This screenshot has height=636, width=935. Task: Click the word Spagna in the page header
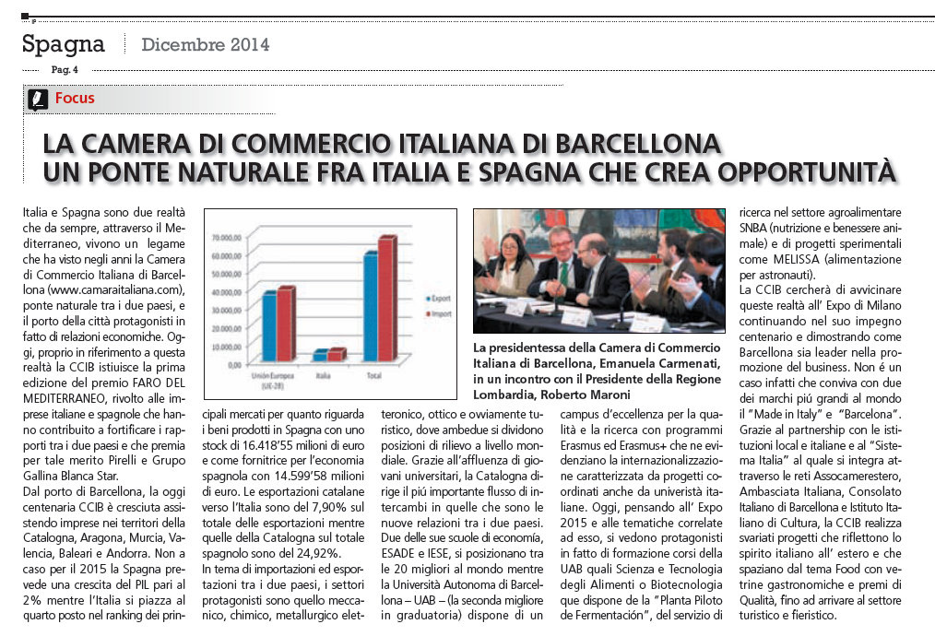point(64,43)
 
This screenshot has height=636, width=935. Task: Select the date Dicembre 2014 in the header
point(205,44)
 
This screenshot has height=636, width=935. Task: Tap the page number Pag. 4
point(65,69)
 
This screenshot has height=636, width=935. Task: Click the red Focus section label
point(75,98)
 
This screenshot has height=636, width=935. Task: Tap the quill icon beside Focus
point(37,99)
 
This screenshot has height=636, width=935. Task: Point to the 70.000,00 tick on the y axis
point(226,237)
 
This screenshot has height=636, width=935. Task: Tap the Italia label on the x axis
point(324,376)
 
